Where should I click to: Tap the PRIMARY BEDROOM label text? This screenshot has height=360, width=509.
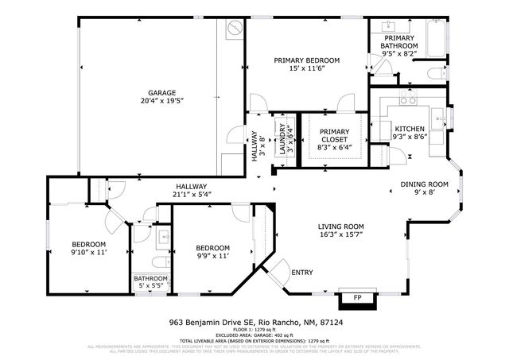307,60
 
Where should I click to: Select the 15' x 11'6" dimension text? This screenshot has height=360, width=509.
307,70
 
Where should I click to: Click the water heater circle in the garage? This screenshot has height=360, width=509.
234,29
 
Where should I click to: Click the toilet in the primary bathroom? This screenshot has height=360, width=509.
435,74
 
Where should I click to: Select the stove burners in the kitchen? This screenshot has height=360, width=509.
408,100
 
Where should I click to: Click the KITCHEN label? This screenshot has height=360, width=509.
410,128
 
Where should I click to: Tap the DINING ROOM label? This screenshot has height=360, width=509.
424,184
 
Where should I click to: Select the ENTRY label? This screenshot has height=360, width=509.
302,273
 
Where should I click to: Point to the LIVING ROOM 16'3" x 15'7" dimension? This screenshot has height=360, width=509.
341,234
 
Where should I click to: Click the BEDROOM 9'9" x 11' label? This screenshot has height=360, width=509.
212,252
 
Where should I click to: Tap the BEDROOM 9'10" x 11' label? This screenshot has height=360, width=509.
89,248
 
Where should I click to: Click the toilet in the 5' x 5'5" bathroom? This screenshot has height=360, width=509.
157,262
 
